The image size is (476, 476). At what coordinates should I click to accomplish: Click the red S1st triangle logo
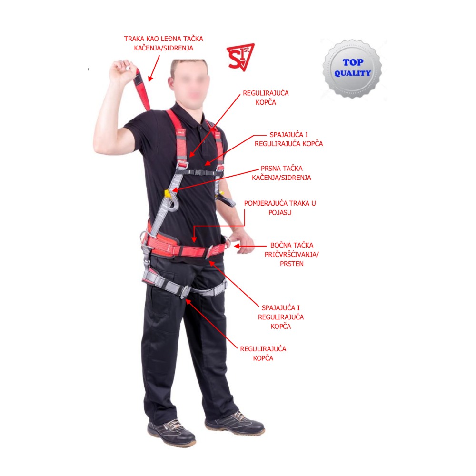[x=240, y=57]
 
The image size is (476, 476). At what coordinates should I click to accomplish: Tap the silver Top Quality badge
[x=352, y=69]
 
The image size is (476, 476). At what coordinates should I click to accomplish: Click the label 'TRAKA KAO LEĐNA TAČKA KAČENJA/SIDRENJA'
[x=163, y=43]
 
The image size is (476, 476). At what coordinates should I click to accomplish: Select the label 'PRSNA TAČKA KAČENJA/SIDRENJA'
[x=281, y=173]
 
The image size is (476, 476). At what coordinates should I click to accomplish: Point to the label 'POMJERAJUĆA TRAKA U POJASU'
[x=280, y=208]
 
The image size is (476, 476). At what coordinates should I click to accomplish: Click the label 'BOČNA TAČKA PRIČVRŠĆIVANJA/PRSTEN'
[x=291, y=254]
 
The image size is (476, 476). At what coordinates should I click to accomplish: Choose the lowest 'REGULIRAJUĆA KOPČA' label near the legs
[x=263, y=353]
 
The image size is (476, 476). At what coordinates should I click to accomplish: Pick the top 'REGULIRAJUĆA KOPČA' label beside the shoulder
[x=266, y=98]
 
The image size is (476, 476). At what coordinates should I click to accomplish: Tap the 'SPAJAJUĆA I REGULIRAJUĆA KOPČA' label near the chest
[x=288, y=139]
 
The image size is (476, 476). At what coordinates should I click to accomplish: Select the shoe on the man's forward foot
[x=171, y=432]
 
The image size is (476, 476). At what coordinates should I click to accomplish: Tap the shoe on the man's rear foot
[x=234, y=423]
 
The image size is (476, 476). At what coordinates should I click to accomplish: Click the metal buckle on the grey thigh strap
[x=185, y=292]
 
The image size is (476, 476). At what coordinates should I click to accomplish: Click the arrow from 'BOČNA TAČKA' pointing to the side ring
[x=250, y=246]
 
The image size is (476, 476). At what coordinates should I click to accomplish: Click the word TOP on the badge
[x=353, y=62]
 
